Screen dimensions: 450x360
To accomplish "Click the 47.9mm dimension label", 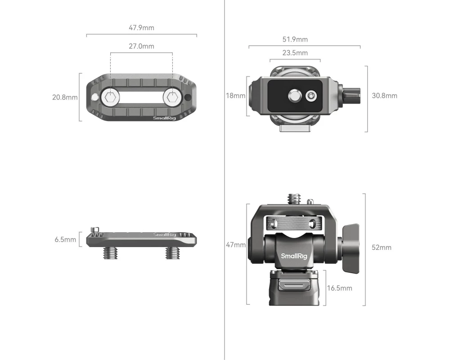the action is click(141, 28).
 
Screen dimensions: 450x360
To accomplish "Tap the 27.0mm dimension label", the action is click(141, 46).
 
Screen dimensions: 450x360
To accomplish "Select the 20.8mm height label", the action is click(65, 97).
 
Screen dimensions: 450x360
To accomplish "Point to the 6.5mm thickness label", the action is click(65, 239).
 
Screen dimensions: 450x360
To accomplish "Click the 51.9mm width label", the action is click(295, 39).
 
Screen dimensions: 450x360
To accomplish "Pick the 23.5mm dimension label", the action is click(295, 53).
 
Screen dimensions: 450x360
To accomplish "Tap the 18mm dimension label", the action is click(236, 95).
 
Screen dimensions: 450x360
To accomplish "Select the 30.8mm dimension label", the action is click(385, 95).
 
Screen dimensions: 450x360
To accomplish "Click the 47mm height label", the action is click(236, 245).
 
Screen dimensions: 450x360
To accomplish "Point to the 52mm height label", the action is click(382, 247).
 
